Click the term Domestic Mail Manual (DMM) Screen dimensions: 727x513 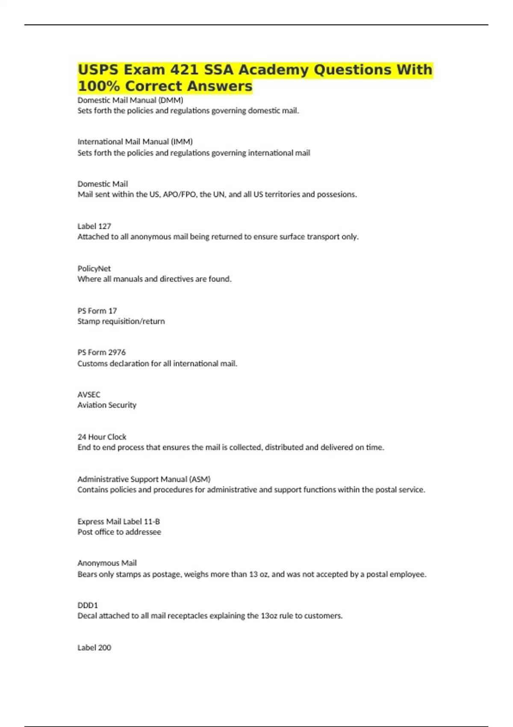130,100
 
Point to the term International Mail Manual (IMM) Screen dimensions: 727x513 135,142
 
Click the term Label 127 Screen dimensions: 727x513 94,226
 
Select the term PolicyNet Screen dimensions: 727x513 94,269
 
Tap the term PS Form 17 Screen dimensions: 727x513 97,311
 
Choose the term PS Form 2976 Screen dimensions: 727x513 101,352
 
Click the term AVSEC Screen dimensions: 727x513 88,395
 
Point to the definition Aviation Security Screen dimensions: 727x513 107,405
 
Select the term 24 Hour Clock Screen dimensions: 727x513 102,437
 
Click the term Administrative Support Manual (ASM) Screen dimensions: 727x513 144,479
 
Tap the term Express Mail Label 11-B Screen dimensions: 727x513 118,522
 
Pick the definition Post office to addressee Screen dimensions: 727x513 119,532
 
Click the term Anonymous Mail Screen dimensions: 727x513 107,563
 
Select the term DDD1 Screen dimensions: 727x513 88,606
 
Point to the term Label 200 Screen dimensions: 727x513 94,648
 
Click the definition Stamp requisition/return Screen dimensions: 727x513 121,321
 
